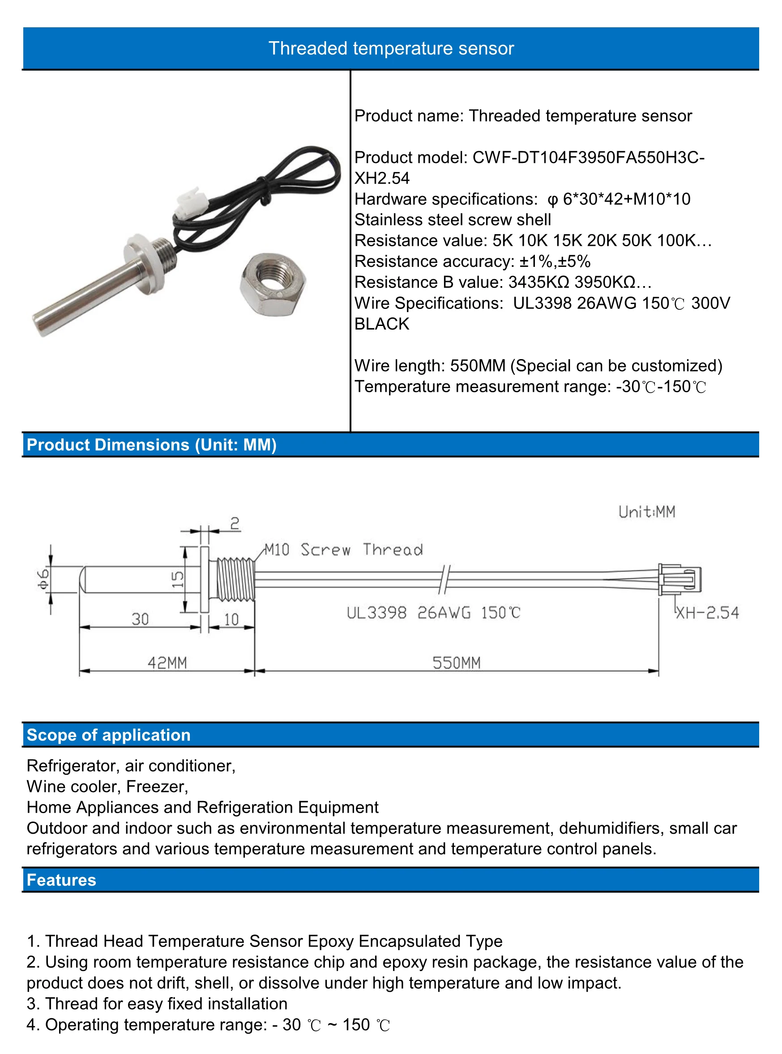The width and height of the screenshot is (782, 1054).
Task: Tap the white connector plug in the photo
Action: pos(192,203)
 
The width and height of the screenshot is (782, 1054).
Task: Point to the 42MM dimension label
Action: pos(167,662)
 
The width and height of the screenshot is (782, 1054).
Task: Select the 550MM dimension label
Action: pos(456,662)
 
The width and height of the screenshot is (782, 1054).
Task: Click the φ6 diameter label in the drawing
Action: pos(43,579)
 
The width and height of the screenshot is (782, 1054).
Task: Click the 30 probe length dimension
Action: pos(140,619)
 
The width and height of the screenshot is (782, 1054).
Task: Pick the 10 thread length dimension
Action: pos(231,619)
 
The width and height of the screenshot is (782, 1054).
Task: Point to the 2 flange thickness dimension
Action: pos(235,523)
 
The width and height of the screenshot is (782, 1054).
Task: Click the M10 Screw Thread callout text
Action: pos(344,550)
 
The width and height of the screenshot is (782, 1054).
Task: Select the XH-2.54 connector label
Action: pos(707,613)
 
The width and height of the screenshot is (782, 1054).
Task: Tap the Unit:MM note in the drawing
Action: pos(647,512)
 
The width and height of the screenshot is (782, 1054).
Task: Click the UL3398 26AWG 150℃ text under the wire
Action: pos(433,613)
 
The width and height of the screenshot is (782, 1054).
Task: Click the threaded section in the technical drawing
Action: pos(236,579)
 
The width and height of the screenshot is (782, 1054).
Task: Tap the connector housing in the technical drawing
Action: pos(680,579)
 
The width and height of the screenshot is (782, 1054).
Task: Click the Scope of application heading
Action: pos(108,735)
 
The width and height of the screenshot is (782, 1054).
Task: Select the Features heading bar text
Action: pos(61,880)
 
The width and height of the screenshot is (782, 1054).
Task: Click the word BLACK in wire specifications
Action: pos(381,324)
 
